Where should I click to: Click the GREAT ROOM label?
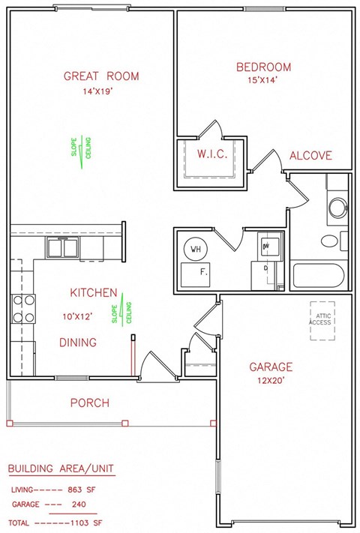tap(101, 76)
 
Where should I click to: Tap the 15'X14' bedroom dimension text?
tap(263, 80)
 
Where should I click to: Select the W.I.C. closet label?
tap(212, 155)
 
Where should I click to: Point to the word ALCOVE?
tap(310, 156)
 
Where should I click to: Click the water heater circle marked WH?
tap(196, 249)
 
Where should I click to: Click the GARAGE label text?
tap(271, 367)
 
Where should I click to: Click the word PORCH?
tap(90, 403)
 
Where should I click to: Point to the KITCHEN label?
tap(93, 292)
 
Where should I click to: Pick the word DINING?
tap(78, 343)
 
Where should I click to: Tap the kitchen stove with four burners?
tap(23, 309)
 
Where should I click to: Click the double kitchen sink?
tap(64, 247)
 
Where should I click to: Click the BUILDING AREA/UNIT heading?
tap(60, 469)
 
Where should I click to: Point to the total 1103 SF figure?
tap(88, 522)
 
